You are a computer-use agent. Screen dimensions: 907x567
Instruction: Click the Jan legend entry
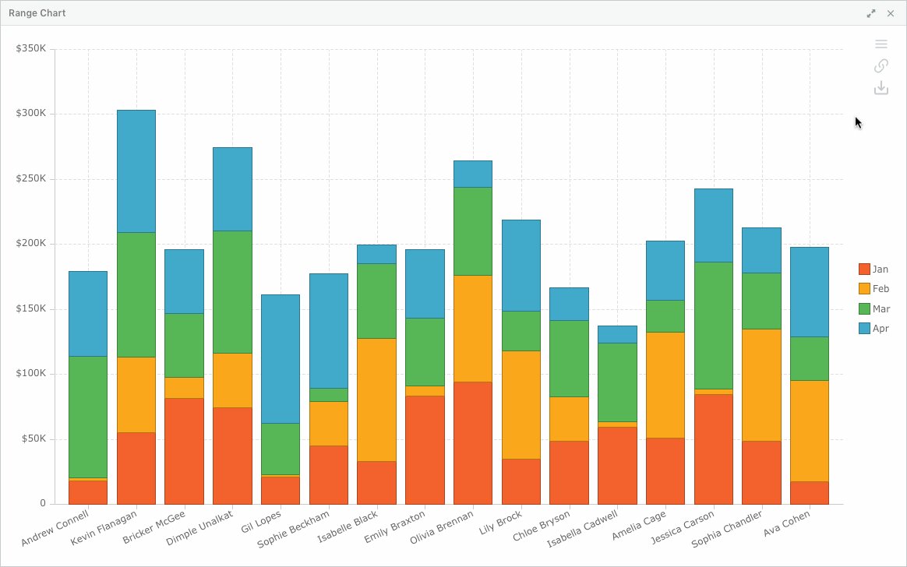pos(873,269)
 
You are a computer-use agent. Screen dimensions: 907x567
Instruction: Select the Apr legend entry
pos(873,329)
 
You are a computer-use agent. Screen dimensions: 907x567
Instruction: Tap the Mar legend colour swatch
pos(864,308)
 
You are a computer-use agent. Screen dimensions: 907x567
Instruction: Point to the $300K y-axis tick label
pos(30,113)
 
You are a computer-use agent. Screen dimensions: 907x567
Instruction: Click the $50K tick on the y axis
pos(34,438)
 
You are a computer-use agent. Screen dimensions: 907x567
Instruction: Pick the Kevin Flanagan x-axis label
pos(104,527)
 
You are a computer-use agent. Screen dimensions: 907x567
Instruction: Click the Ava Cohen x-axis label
pos(787,523)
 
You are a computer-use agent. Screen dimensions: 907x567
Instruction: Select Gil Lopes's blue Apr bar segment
pos(281,359)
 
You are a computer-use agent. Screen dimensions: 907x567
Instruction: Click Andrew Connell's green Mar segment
pos(88,417)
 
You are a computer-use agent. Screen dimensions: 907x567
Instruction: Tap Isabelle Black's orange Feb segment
pos(376,400)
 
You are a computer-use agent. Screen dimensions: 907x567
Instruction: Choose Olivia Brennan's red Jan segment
pos(472,443)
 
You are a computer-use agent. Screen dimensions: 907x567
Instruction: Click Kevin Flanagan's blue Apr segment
pos(136,171)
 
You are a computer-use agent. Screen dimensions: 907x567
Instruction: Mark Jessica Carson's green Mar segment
pos(714,326)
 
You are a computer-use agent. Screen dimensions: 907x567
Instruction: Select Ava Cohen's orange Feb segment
pos(810,431)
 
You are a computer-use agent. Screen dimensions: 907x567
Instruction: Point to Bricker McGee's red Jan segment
pos(184,452)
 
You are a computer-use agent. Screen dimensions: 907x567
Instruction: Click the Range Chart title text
pos(37,13)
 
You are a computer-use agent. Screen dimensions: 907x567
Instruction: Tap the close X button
pos(891,13)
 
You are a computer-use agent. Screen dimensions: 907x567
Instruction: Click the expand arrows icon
pos(871,13)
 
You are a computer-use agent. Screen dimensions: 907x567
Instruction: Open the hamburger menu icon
pos(881,44)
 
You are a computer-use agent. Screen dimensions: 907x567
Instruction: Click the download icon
pos(881,88)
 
